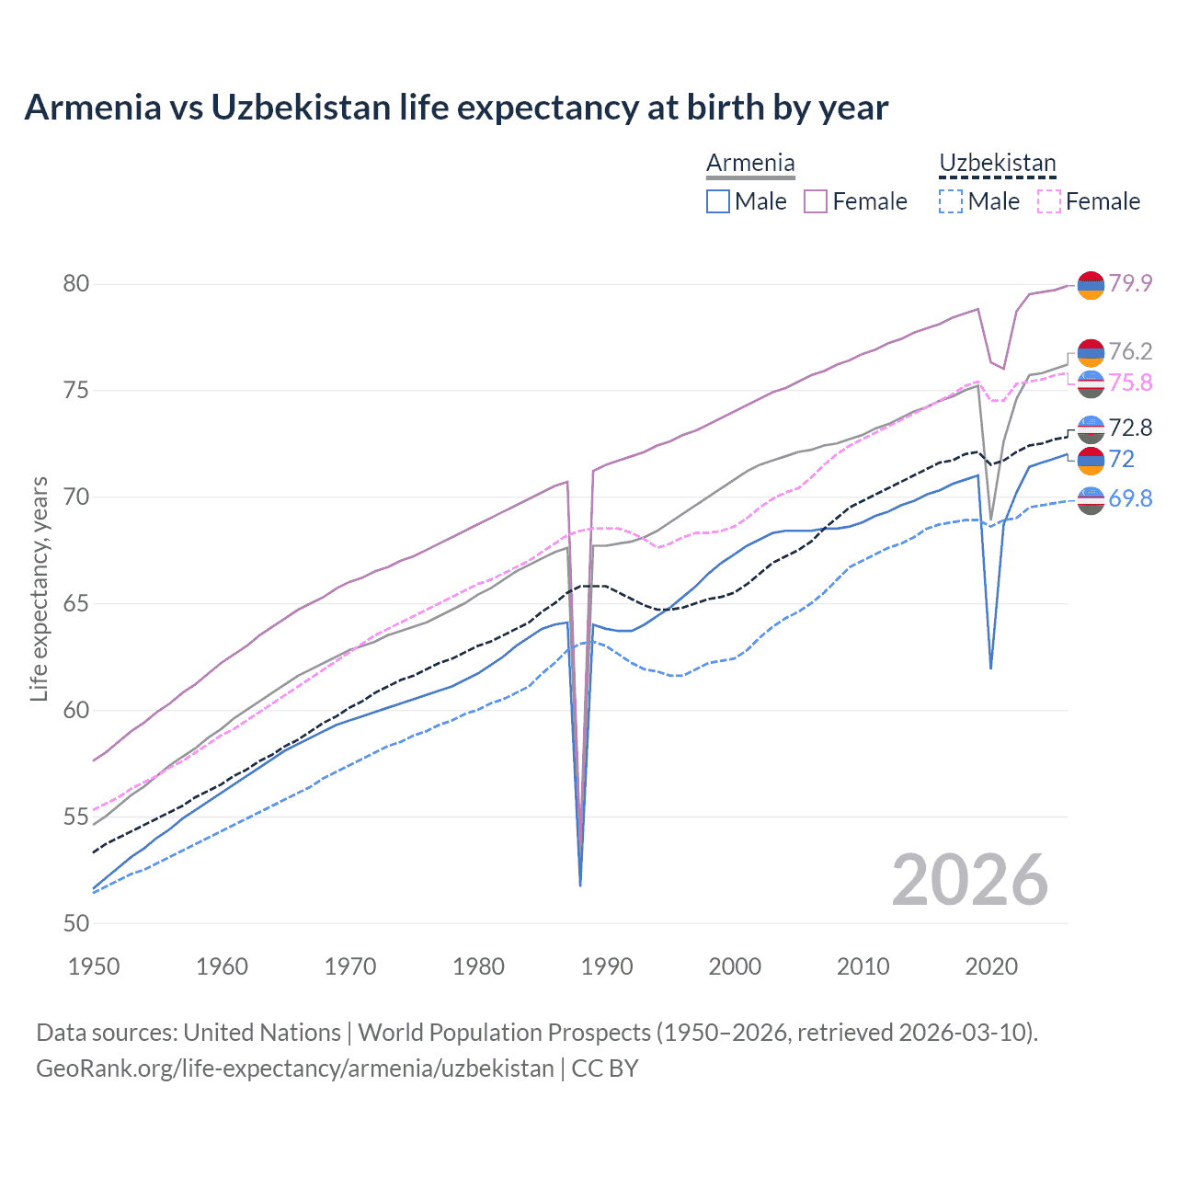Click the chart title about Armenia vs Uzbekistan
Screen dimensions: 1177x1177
pos(456,108)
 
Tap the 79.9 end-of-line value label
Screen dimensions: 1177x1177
pos(1130,283)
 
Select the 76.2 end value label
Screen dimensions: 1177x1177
pos(1130,351)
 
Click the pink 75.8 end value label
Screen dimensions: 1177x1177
pos(1130,383)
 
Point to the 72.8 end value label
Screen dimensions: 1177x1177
pos(1130,428)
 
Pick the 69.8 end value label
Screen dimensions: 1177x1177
pos(1130,498)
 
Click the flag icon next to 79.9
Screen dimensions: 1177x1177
pos(1091,285)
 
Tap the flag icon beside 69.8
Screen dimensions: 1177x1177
pos(1091,500)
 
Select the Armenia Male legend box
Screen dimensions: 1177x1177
pos(718,201)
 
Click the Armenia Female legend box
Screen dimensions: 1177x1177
pos(816,201)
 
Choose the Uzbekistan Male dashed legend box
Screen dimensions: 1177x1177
pos(951,201)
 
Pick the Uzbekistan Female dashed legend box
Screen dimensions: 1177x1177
pos(1049,201)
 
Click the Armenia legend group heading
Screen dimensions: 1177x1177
pos(750,164)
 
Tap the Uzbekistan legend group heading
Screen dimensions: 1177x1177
pos(998,164)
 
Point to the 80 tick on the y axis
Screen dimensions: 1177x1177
pos(76,283)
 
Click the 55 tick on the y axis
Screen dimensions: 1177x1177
pos(76,817)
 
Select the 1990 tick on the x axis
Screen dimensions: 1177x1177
pos(607,966)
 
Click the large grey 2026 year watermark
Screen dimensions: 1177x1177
pos(969,880)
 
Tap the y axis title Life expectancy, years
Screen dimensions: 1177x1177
pos(39,588)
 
